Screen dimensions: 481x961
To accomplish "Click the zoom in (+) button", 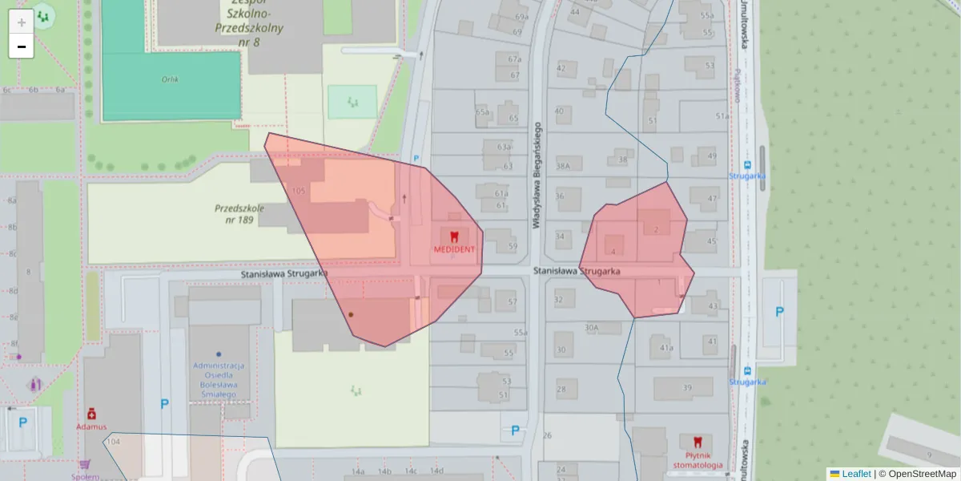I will (x=22, y=22).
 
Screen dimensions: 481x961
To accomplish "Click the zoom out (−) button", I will (x=22, y=46).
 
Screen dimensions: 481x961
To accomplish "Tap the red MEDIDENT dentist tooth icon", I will (x=454, y=236).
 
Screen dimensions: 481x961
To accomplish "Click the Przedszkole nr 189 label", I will (x=239, y=212).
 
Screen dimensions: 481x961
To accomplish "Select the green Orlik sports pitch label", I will (x=170, y=79).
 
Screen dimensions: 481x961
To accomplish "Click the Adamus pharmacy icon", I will (x=92, y=414).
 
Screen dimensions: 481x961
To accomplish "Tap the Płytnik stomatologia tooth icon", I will (x=697, y=442).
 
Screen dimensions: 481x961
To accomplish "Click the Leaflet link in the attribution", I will (x=855, y=474).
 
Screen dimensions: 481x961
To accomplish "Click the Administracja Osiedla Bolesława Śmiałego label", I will (x=218, y=379).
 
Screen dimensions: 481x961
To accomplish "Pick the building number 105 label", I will (x=299, y=191).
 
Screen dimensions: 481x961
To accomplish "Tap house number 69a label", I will (x=522, y=17).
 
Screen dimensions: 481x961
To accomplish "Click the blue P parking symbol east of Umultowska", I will (x=779, y=312).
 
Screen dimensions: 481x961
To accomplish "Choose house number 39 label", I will (x=686, y=388).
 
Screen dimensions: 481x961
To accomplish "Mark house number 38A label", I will (x=563, y=166).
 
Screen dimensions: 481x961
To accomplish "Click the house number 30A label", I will (x=591, y=327).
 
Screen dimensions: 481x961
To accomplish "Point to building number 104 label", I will (x=113, y=442).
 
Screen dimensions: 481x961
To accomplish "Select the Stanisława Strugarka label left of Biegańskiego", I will (x=284, y=274).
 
